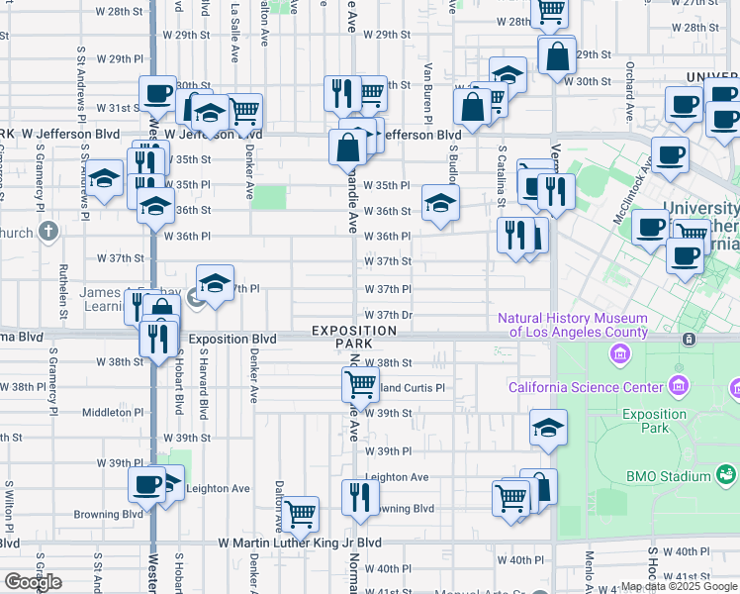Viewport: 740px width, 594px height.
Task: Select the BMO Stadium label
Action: (x=669, y=476)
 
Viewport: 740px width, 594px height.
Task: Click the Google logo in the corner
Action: (x=33, y=581)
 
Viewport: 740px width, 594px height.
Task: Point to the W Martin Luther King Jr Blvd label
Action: (x=300, y=544)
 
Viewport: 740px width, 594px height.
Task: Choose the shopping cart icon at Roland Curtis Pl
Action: (x=361, y=384)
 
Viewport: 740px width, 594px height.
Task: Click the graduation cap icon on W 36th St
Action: (x=440, y=203)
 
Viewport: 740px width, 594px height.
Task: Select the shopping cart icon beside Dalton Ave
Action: (x=299, y=513)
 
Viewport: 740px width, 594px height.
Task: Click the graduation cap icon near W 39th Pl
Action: (x=548, y=427)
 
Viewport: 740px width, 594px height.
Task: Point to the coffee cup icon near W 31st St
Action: (x=157, y=94)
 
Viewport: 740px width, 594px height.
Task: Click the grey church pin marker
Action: (x=49, y=232)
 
